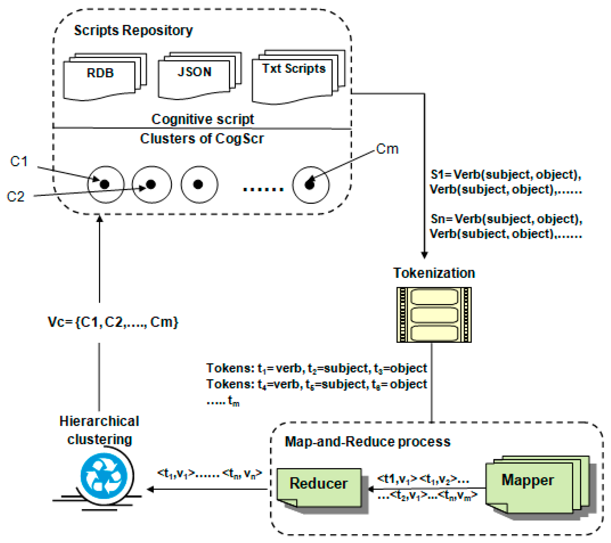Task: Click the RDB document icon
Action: [105, 77]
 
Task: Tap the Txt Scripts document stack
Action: [298, 77]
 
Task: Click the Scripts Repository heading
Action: [133, 31]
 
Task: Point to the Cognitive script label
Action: [203, 119]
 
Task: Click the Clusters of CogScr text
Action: [202, 139]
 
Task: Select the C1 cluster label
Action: [19, 161]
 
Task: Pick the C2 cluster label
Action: [16, 197]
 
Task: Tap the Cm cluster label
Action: [387, 149]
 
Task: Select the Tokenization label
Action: [434, 273]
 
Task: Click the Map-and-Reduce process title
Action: [368, 442]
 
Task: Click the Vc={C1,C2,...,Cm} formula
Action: [113, 322]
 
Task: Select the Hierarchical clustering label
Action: [100, 430]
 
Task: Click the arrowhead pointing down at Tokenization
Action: [424, 255]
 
